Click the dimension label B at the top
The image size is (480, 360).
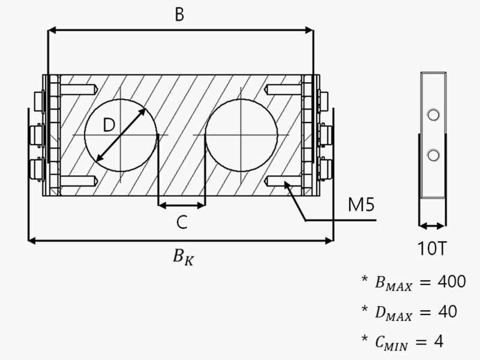[179, 15]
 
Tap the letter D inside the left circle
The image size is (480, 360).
[109, 125]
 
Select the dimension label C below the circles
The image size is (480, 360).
[182, 223]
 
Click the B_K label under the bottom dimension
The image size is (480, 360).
[182, 257]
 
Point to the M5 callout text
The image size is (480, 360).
[362, 206]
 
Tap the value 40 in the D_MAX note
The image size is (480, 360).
[444, 312]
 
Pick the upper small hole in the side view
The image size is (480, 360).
[431, 115]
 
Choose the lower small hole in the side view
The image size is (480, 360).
[431, 156]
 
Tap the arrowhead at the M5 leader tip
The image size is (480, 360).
[289, 187]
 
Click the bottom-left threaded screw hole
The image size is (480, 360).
[78, 180]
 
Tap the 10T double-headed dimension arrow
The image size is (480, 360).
[432, 226]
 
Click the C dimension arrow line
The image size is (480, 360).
[181, 205]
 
